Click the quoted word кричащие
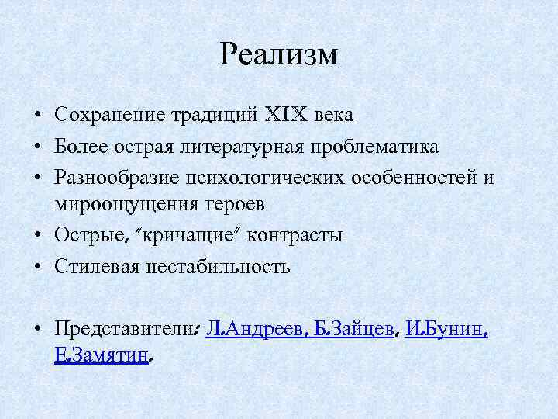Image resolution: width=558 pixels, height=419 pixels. (175, 235)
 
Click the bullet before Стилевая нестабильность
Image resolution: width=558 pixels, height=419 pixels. (36, 267)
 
